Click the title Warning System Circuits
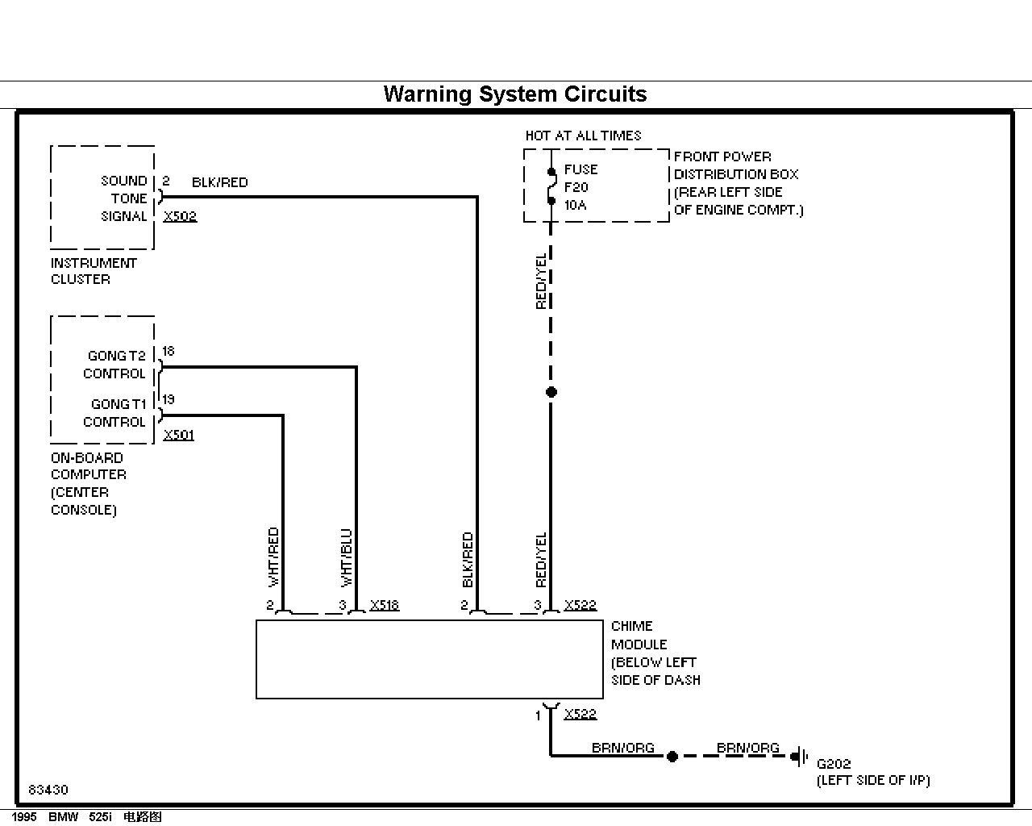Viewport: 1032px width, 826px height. (x=515, y=94)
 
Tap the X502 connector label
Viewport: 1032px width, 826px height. (x=180, y=216)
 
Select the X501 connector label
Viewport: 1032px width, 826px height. (x=178, y=435)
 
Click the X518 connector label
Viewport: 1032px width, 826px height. (x=384, y=605)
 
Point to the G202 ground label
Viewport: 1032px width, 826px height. (x=834, y=764)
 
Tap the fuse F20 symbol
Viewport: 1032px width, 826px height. (x=551, y=186)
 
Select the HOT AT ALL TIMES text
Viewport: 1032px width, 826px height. (x=583, y=136)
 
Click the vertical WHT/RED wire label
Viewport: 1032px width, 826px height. (x=273, y=557)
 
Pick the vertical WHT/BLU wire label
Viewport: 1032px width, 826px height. (x=346, y=558)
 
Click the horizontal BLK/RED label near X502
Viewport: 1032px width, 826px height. (x=219, y=182)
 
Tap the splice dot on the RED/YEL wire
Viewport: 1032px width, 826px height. (x=551, y=392)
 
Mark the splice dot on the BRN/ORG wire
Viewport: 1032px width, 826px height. (x=672, y=757)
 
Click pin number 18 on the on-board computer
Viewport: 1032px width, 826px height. (x=169, y=352)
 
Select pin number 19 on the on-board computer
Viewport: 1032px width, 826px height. (x=169, y=399)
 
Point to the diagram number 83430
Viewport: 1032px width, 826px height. (x=48, y=790)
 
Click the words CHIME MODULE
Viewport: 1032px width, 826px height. (x=639, y=635)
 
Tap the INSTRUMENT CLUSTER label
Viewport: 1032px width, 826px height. (x=94, y=271)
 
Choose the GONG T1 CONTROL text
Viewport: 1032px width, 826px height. (x=114, y=413)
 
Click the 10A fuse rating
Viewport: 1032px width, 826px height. (x=576, y=205)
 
